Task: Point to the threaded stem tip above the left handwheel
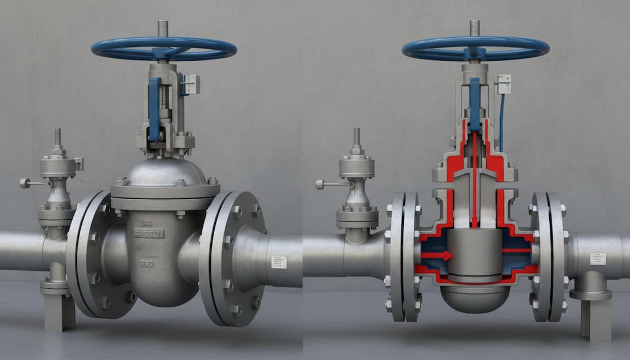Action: pos(163,28)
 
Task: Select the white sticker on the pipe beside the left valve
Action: pos(279,262)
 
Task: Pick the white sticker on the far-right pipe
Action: pos(598,259)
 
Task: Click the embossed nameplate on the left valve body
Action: pos(148,234)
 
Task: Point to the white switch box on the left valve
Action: pos(190,85)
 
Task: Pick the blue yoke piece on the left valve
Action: pos(154,109)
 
